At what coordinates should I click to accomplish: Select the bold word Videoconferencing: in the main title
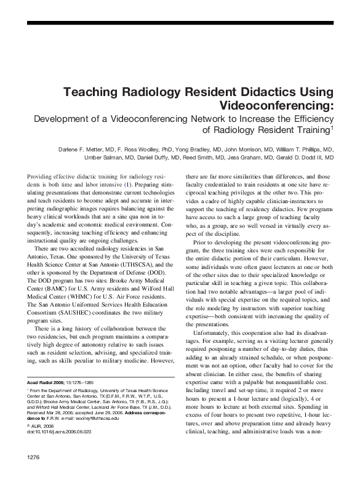pos(276,106)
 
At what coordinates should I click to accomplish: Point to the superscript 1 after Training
pos(332,128)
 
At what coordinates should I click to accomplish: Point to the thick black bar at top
pos(180,22)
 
